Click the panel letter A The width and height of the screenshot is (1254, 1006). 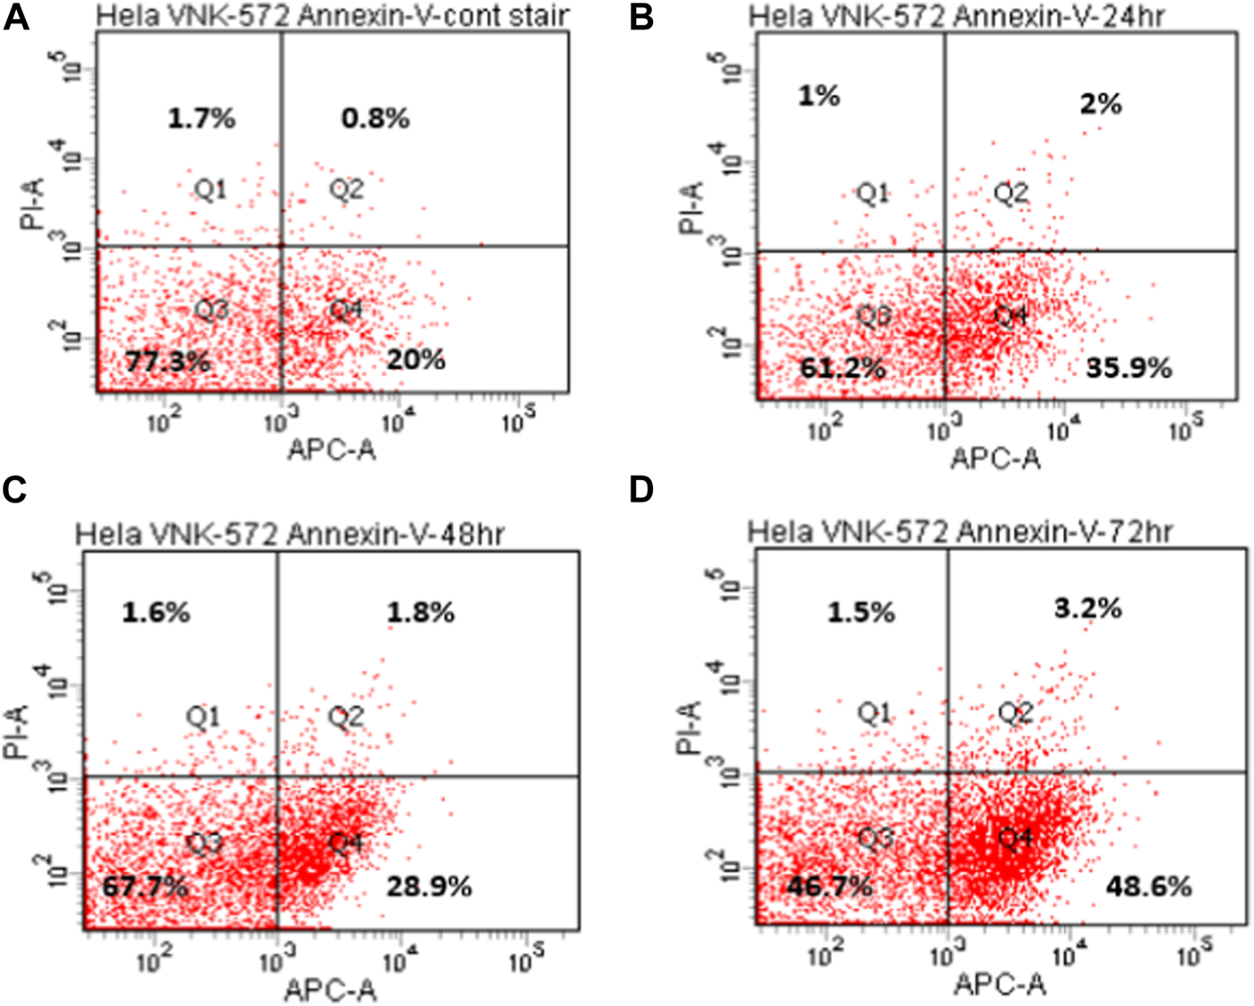pyautogui.click(x=16, y=17)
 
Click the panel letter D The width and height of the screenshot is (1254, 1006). pyautogui.click(x=641, y=491)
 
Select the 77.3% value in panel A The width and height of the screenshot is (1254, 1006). pyautogui.click(x=167, y=362)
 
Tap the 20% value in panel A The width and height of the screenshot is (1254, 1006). pyautogui.click(x=417, y=360)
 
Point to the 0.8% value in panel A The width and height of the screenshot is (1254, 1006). pyautogui.click(x=375, y=117)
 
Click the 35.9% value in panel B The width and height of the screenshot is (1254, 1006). pyautogui.click(x=1129, y=367)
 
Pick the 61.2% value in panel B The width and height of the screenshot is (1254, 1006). pyautogui.click(x=843, y=367)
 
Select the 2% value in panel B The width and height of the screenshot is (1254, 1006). pyautogui.click(x=1101, y=104)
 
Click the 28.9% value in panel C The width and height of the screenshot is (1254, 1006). pyautogui.click(x=429, y=887)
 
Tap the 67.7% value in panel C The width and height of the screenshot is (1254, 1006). pyautogui.click(x=145, y=887)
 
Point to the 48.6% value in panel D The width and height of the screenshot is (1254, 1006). pyautogui.click(x=1149, y=887)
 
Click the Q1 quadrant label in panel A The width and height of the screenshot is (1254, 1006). pyautogui.click(x=211, y=189)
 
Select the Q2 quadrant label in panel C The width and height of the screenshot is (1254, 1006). pyautogui.click(x=346, y=717)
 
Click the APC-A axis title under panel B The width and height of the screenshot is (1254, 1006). pyautogui.click(x=996, y=459)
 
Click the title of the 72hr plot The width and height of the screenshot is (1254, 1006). pyautogui.click(x=960, y=532)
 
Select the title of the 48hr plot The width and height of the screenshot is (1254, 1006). pyautogui.click(x=289, y=534)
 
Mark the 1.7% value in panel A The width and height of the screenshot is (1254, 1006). pyautogui.click(x=202, y=117)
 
